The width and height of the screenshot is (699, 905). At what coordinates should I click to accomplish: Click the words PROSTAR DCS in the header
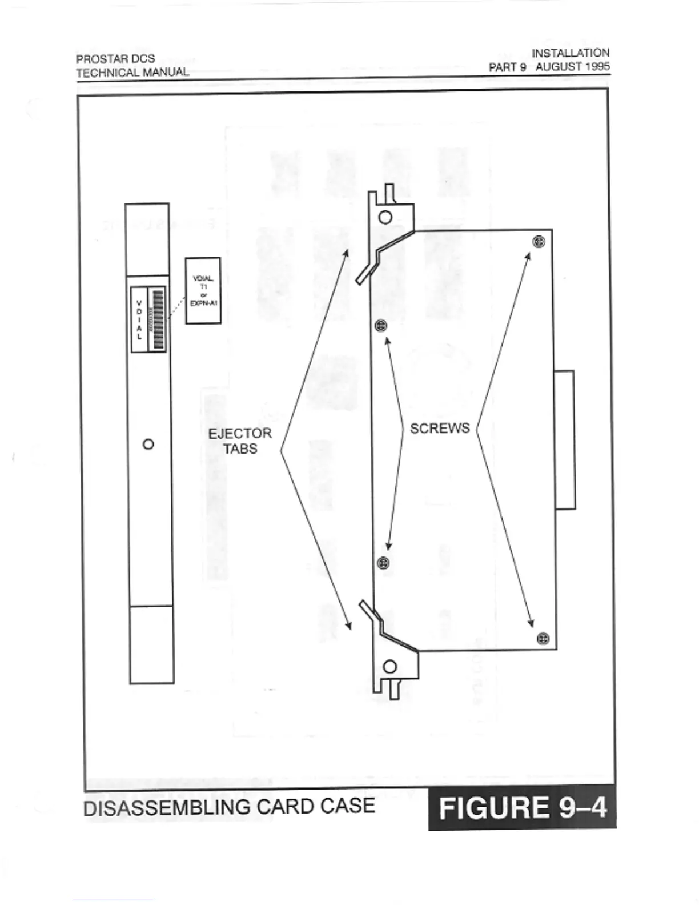pyautogui.click(x=115, y=59)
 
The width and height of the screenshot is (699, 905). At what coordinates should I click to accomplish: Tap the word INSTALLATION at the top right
pyautogui.click(x=570, y=53)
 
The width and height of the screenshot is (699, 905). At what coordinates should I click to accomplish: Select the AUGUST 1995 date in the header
pyautogui.click(x=572, y=67)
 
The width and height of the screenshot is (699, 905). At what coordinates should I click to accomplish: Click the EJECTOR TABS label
pyautogui.click(x=240, y=441)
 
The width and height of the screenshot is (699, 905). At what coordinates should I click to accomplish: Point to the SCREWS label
pyautogui.click(x=440, y=429)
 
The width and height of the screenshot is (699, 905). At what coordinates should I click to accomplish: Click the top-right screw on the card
pyautogui.click(x=539, y=242)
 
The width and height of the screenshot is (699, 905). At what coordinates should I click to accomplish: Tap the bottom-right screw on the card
pyautogui.click(x=543, y=638)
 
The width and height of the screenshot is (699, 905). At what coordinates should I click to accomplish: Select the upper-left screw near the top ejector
pyautogui.click(x=381, y=326)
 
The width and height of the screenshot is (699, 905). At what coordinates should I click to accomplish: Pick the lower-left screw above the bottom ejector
pyautogui.click(x=384, y=563)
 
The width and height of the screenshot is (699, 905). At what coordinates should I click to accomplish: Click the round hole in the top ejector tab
pyautogui.click(x=385, y=217)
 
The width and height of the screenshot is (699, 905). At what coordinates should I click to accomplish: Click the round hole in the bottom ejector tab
pyautogui.click(x=391, y=667)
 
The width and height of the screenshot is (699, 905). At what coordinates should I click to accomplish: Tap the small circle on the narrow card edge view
pyautogui.click(x=148, y=444)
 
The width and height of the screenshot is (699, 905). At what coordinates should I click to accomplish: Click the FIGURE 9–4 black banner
pyautogui.click(x=522, y=808)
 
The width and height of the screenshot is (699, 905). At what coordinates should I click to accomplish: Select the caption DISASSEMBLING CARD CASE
pyautogui.click(x=229, y=807)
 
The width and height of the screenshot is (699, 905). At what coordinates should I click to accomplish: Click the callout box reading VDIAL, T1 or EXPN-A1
pyautogui.click(x=203, y=290)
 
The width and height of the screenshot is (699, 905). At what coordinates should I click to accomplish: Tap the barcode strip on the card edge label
pyautogui.click(x=156, y=319)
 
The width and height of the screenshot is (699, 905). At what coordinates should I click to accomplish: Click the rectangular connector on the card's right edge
pyautogui.click(x=564, y=439)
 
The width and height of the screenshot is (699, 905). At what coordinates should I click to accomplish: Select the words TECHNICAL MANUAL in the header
pyautogui.click(x=132, y=73)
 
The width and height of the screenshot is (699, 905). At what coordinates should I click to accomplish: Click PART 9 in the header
pyautogui.click(x=507, y=67)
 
